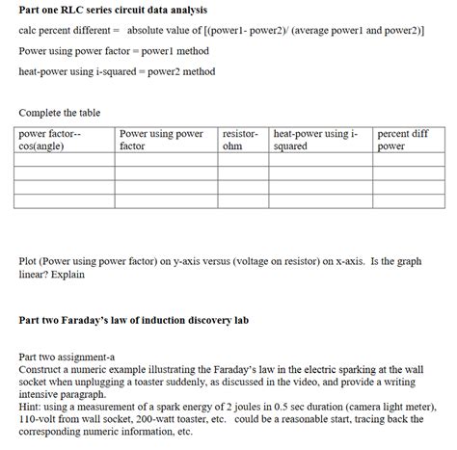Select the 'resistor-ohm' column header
click(239, 140)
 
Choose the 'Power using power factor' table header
click(161, 140)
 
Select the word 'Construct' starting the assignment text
click(41, 368)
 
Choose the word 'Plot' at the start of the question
click(28, 261)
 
